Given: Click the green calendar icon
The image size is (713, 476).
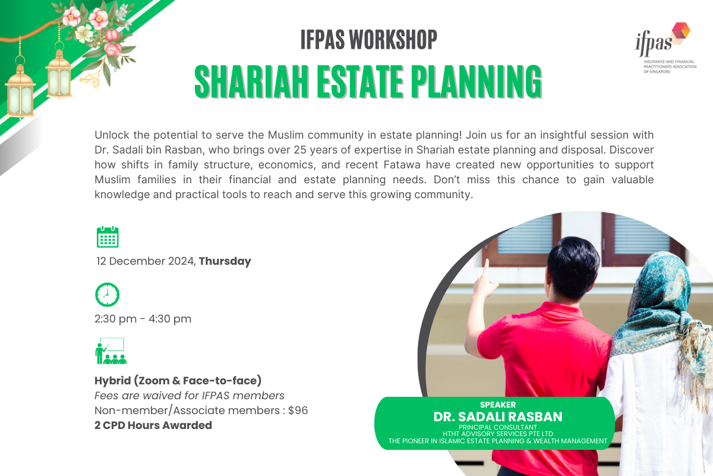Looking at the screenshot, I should (108, 236).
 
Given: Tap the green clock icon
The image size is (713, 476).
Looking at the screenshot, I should (108, 295).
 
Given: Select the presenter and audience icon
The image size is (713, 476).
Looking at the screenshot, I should (111, 351).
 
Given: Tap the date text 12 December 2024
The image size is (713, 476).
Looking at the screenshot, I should (146, 261).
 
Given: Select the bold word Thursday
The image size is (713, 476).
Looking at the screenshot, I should (225, 261).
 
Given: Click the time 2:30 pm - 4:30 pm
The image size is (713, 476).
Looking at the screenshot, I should (143, 319).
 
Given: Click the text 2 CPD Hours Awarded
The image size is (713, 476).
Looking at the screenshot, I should (153, 425).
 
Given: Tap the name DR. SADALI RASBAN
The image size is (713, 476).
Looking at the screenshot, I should (498, 416).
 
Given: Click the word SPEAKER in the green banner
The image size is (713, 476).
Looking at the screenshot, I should (498, 405).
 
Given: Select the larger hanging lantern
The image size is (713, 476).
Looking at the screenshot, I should (21, 89).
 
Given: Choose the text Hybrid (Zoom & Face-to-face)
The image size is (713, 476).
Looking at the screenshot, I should (178, 380).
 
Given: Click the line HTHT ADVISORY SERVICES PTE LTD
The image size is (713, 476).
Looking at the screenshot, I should (498, 434).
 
